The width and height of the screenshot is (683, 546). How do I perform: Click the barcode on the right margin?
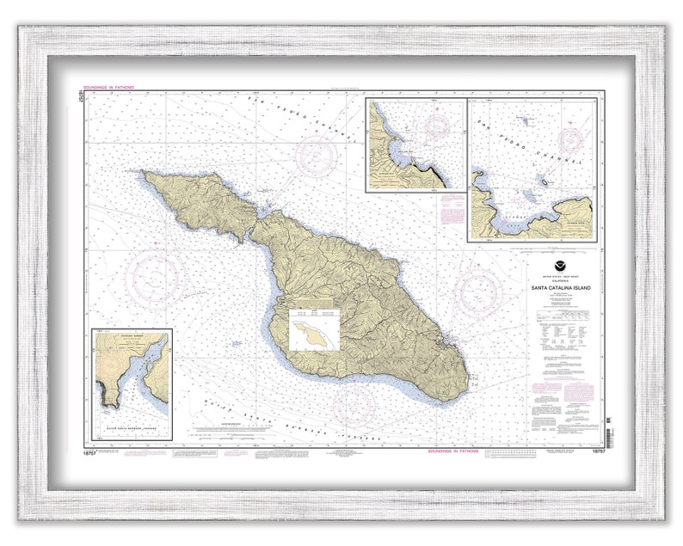(x=607, y=426)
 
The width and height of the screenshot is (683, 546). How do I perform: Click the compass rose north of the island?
(x=317, y=156)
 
